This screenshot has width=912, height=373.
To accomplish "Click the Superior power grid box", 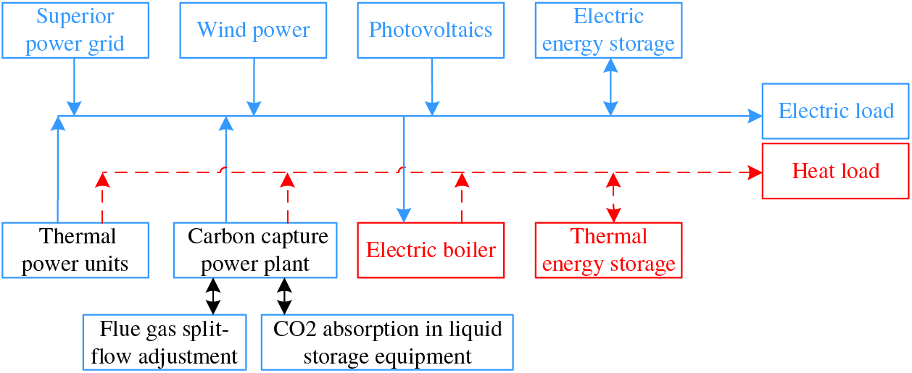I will (x=75, y=30).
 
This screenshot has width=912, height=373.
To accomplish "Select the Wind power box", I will (x=253, y=30).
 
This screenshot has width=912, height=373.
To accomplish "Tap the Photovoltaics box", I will (x=431, y=30).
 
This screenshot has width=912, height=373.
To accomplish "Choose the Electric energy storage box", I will (x=608, y=30).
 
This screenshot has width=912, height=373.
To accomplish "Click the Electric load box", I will (x=835, y=111).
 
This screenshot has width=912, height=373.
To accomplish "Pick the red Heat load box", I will (x=835, y=171).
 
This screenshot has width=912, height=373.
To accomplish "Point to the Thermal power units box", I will (x=75, y=250).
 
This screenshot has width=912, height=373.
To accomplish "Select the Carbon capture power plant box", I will (x=255, y=250).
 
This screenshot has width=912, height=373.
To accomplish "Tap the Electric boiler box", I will (x=431, y=250).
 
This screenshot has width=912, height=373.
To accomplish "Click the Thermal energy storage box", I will (x=608, y=250).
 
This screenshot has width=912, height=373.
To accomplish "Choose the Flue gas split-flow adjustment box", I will (x=165, y=342).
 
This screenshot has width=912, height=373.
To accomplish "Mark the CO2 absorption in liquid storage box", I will (x=387, y=342).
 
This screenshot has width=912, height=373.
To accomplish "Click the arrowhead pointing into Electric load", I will (x=756, y=115).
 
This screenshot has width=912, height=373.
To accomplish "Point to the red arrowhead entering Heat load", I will (x=756, y=173).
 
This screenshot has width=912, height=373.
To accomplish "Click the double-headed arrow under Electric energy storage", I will (x=610, y=87).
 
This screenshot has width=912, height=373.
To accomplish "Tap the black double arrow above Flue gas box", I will (x=213, y=296).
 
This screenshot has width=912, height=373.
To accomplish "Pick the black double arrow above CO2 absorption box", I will (x=284, y=296).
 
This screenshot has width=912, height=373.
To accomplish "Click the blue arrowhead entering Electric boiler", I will (x=404, y=214).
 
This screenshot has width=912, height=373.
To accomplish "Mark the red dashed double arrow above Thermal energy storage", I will (x=614, y=197).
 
